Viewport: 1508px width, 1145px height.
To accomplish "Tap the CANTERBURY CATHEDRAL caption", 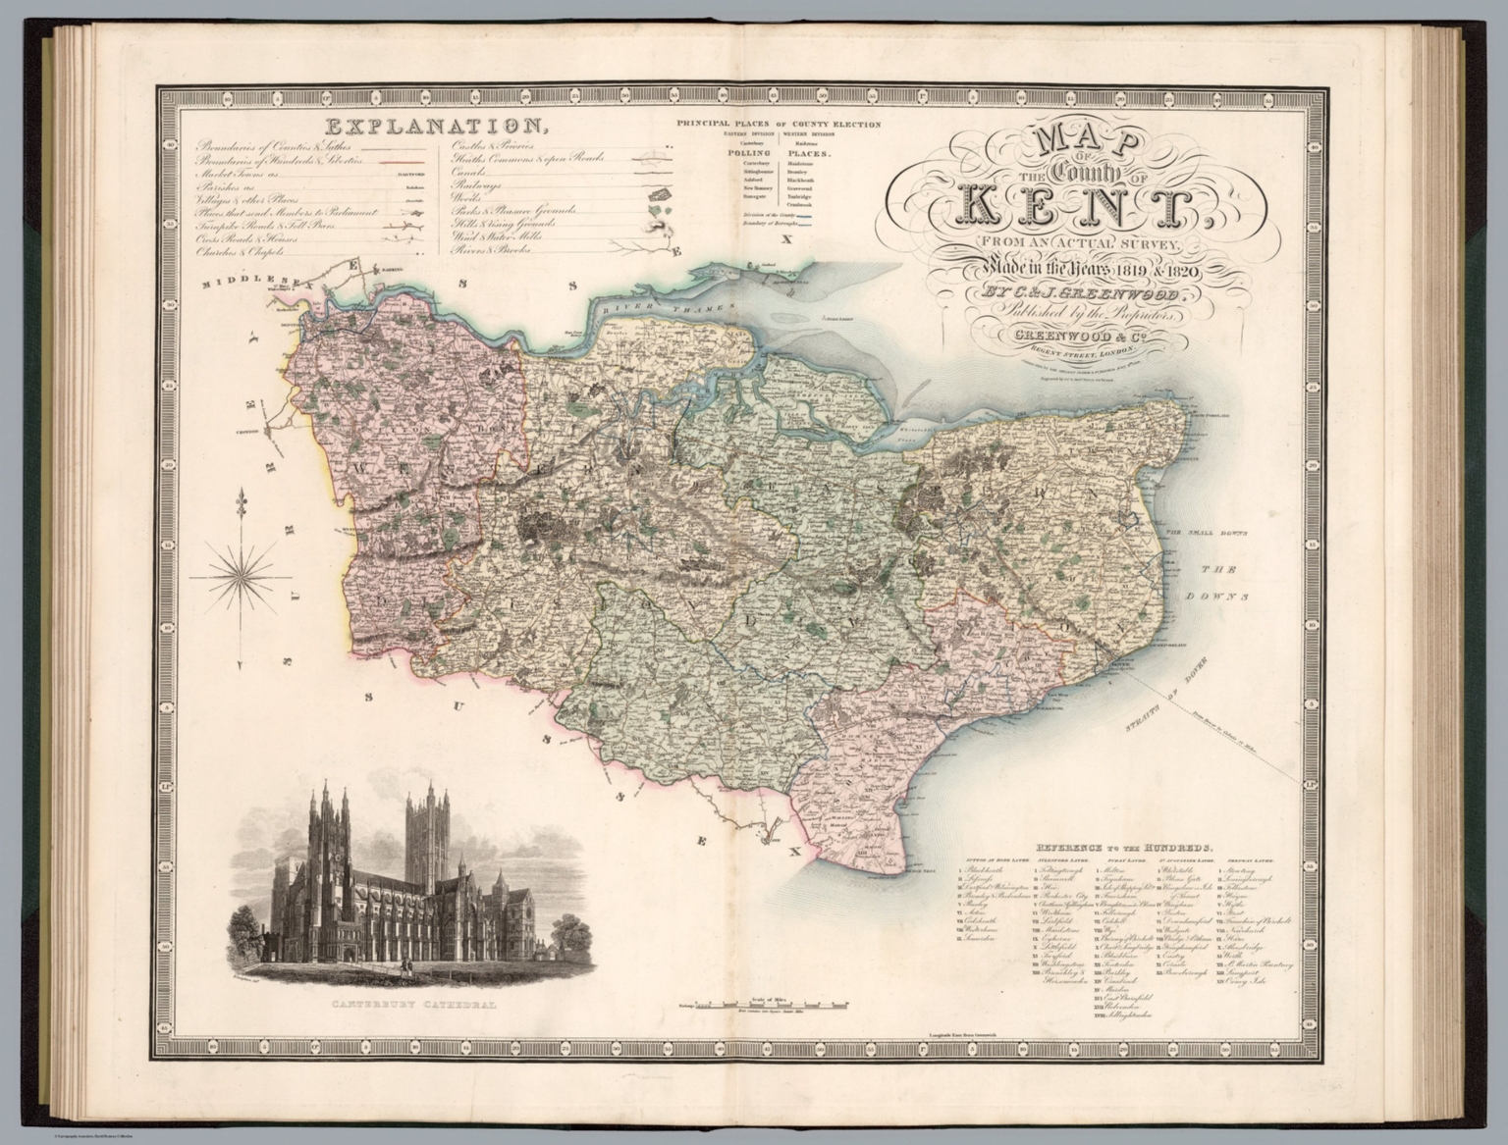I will [x=401, y=1006].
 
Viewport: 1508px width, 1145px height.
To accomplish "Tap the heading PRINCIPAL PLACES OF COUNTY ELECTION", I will [x=777, y=125].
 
